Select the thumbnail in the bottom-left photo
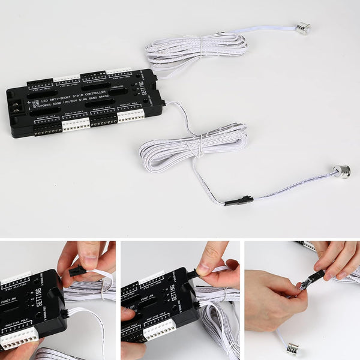tap(89, 253)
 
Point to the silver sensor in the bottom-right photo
tap(293, 348)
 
